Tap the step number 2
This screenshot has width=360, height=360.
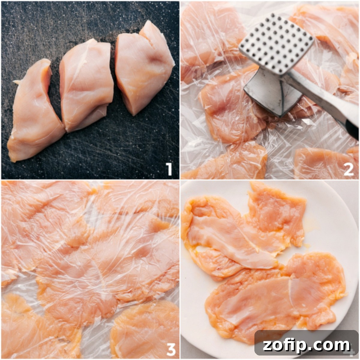(348, 170)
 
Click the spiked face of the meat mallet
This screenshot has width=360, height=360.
(276, 43)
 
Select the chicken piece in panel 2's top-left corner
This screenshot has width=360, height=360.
(207, 33)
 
